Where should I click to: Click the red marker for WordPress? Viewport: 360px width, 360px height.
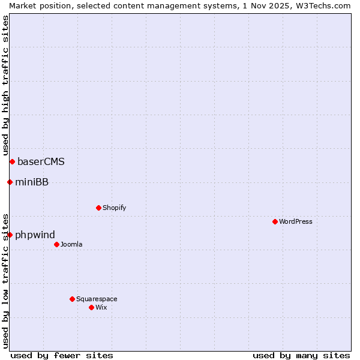pos(275,221)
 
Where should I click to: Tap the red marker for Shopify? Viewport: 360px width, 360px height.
pos(98,208)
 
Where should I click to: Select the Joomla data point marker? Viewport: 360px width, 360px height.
pos(56,244)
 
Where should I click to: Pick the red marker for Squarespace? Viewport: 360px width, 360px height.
pos(72,299)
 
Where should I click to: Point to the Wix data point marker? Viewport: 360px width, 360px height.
pos(91,307)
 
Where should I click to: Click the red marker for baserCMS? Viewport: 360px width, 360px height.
pos(12,161)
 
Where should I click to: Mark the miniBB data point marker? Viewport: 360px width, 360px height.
pos(10,182)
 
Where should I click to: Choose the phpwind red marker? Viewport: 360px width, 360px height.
pos(10,235)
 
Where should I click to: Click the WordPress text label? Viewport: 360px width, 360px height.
pos(296,221)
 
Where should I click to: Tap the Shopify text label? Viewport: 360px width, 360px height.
pos(115,208)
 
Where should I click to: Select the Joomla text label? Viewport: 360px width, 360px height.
pos(71,244)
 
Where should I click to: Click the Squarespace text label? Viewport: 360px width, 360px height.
pos(97,299)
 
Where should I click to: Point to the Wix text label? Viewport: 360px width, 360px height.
pos(101,307)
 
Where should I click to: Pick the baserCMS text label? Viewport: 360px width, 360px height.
pos(41,161)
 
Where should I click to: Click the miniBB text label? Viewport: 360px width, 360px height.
pos(32,182)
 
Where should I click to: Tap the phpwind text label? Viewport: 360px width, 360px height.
pos(35,235)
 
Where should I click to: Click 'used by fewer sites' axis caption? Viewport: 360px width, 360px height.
pos(62,355)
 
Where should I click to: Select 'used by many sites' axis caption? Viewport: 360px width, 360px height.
pos(301,355)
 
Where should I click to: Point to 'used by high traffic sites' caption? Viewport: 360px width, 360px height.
pos(5,85)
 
